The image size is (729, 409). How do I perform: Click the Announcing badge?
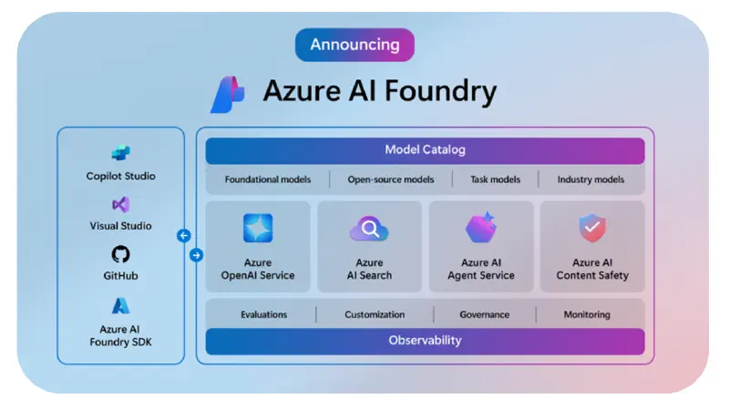pyautogui.click(x=354, y=45)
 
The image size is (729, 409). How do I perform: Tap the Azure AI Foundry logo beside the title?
pyautogui.click(x=227, y=93)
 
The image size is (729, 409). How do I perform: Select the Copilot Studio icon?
pyautogui.click(x=120, y=153)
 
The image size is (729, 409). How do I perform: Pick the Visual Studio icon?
pyautogui.click(x=120, y=204)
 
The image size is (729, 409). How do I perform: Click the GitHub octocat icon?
pyautogui.click(x=120, y=254)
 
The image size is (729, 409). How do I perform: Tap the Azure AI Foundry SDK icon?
pyautogui.click(x=120, y=305)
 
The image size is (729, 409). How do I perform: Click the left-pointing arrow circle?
pyautogui.click(x=183, y=236)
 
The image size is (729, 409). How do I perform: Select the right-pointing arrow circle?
pyautogui.click(x=195, y=255)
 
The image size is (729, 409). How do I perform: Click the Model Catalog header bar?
pyautogui.click(x=425, y=150)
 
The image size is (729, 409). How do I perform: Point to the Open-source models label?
pyautogui.click(x=391, y=179)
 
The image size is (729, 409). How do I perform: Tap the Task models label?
pyautogui.click(x=495, y=179)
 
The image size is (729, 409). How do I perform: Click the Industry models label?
pyautogui.click(x=590, y=179)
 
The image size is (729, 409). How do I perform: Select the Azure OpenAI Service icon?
pyautogui.click(x=258, y=228)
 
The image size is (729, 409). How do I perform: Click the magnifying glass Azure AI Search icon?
pyautogui.click(x=369, y=230)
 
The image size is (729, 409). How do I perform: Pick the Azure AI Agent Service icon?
pyautogui.click(x=480, y=228)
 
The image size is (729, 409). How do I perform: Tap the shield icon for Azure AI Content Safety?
pyautogui.click(x=592, y=228)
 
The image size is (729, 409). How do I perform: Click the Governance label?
pyautogui.click(x=486, y=314)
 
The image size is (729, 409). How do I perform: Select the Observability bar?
pyautogui.click(x=425, y=341)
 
